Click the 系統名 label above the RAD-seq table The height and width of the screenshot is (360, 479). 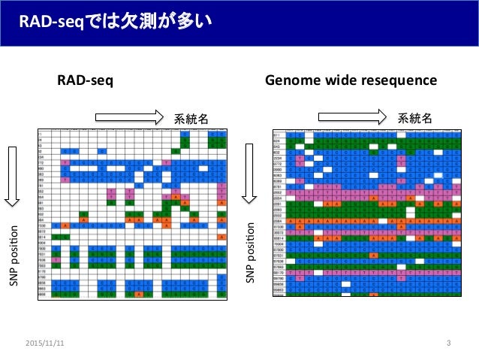[191, 118]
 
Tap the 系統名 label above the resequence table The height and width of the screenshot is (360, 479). [414, 118]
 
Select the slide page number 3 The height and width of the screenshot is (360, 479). [447, 343]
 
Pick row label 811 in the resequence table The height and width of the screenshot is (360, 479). [277, 134]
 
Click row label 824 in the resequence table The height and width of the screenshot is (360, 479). [277, 140]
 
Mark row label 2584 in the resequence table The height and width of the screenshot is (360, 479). [277, 222]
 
